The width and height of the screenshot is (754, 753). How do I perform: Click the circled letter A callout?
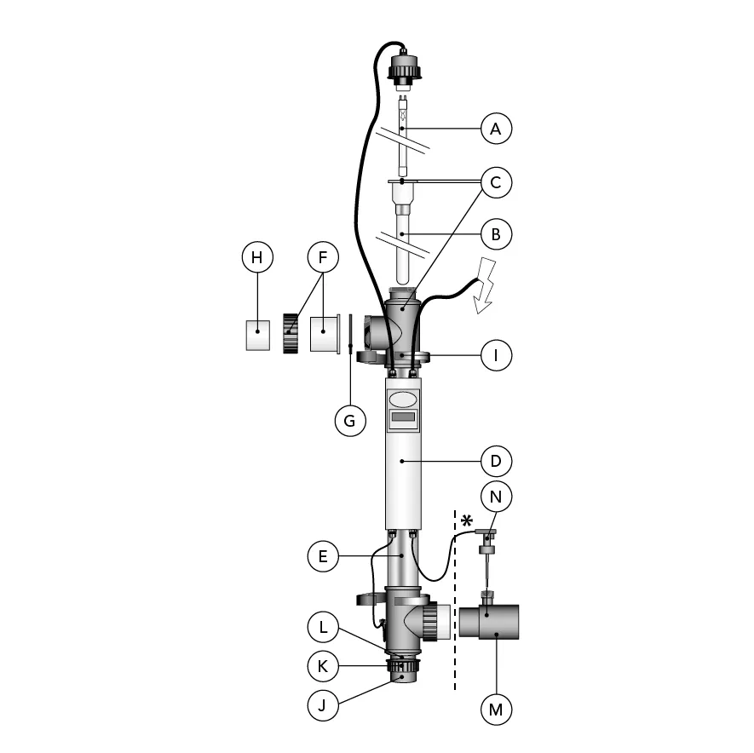(x=496, y=129)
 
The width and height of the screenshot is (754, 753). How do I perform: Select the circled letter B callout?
(x=496, y=234)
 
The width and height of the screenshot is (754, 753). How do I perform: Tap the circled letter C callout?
(x=496, y=182)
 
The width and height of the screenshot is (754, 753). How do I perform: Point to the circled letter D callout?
(x=496, y=461)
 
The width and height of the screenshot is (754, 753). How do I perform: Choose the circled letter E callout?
(x=323, y=556)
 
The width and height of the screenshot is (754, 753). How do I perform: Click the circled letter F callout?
(x=323, y=257)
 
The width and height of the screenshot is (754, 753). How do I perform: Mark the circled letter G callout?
(x=350, y=421)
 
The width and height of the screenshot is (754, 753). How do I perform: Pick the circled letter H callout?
(x=257, y=257)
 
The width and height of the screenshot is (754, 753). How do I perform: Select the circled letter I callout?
(x=496, y=355)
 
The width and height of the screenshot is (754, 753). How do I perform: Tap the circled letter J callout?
(x=323, y=705)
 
